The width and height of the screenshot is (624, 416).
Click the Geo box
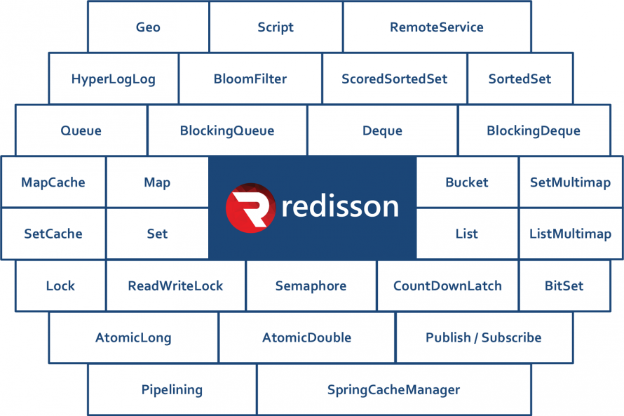[x=148, y=27]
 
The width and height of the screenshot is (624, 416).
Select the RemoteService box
[x=437, y=27]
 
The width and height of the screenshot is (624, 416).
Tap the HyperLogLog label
[x=114, y=79]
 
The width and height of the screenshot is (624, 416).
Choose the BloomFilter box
[x=250, y=79]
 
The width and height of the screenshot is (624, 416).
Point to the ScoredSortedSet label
[x=394, y=79]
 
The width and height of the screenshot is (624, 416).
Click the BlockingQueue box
[x=227, y=130]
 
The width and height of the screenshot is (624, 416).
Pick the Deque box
[x=382, y=130]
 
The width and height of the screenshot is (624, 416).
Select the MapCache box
[x=53, y=182]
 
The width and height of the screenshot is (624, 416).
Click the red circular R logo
[x=250, y=208]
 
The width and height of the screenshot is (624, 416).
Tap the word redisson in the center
[x=340, y=206]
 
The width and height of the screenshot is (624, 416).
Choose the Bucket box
[x=467, y=182]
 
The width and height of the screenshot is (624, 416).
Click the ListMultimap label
[x=570, y=234]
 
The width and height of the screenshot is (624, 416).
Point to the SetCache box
[x=53, y=234]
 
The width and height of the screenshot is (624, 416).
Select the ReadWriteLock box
[x=175, y=286]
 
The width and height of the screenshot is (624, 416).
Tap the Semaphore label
[x=311, y=286]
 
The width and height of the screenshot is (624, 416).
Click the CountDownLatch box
[x=448, y=286]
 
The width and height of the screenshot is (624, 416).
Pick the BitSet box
[x=564, y=286]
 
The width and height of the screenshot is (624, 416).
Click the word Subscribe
[x=511, y=337]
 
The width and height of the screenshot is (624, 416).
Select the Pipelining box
[x=172, y=389]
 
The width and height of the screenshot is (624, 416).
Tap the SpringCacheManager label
[x=393, y=390]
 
